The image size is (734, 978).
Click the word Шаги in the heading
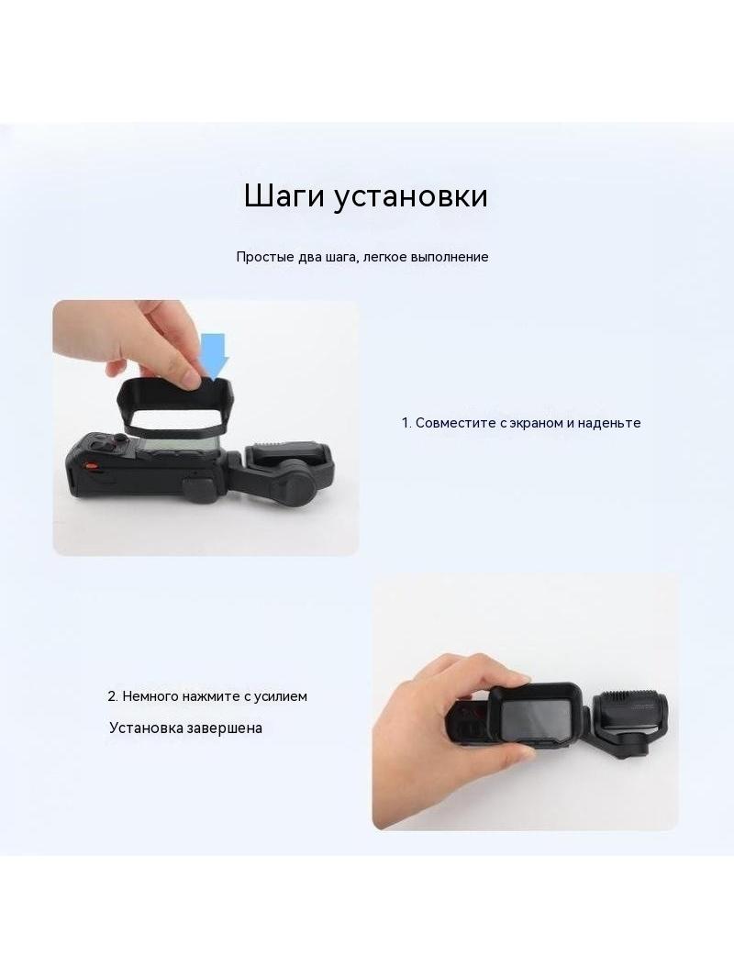(284, 196)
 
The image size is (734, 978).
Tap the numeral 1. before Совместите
(406, 423)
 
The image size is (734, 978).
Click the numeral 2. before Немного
(113, 696)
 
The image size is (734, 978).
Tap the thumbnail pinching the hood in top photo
(190, 376)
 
